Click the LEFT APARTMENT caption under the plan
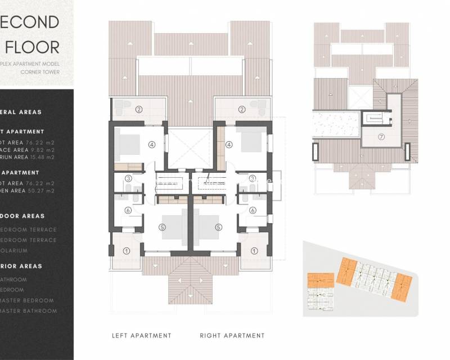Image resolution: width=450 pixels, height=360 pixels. click(x=141, y=336)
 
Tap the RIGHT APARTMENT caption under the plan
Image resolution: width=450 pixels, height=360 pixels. click(x=232, y=336)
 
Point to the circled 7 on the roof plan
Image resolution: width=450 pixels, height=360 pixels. click(x=381, y=137)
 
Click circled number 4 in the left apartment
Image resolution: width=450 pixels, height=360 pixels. click(x=151, y=145)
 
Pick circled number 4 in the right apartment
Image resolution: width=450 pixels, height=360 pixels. click(x=229, y=145)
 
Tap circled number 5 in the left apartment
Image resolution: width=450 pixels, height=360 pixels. click(x=162, y=228)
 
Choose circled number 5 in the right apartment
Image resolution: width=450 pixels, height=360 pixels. click(x=218, y=228)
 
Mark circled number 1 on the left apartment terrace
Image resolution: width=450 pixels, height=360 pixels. click(x=127, y=251)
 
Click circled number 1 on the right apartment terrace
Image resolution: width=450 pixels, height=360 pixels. click(x=254, y=251)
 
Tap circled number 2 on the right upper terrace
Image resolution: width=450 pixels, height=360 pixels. click(x=242, y=109)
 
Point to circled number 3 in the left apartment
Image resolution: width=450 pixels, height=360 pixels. click(x=128, y=179)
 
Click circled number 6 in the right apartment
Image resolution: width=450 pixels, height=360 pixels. click(x=253, y=210)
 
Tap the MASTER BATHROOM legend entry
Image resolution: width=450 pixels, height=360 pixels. click(x=29, y=311)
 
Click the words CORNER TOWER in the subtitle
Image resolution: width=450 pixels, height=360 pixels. click(x=40, y=72)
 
